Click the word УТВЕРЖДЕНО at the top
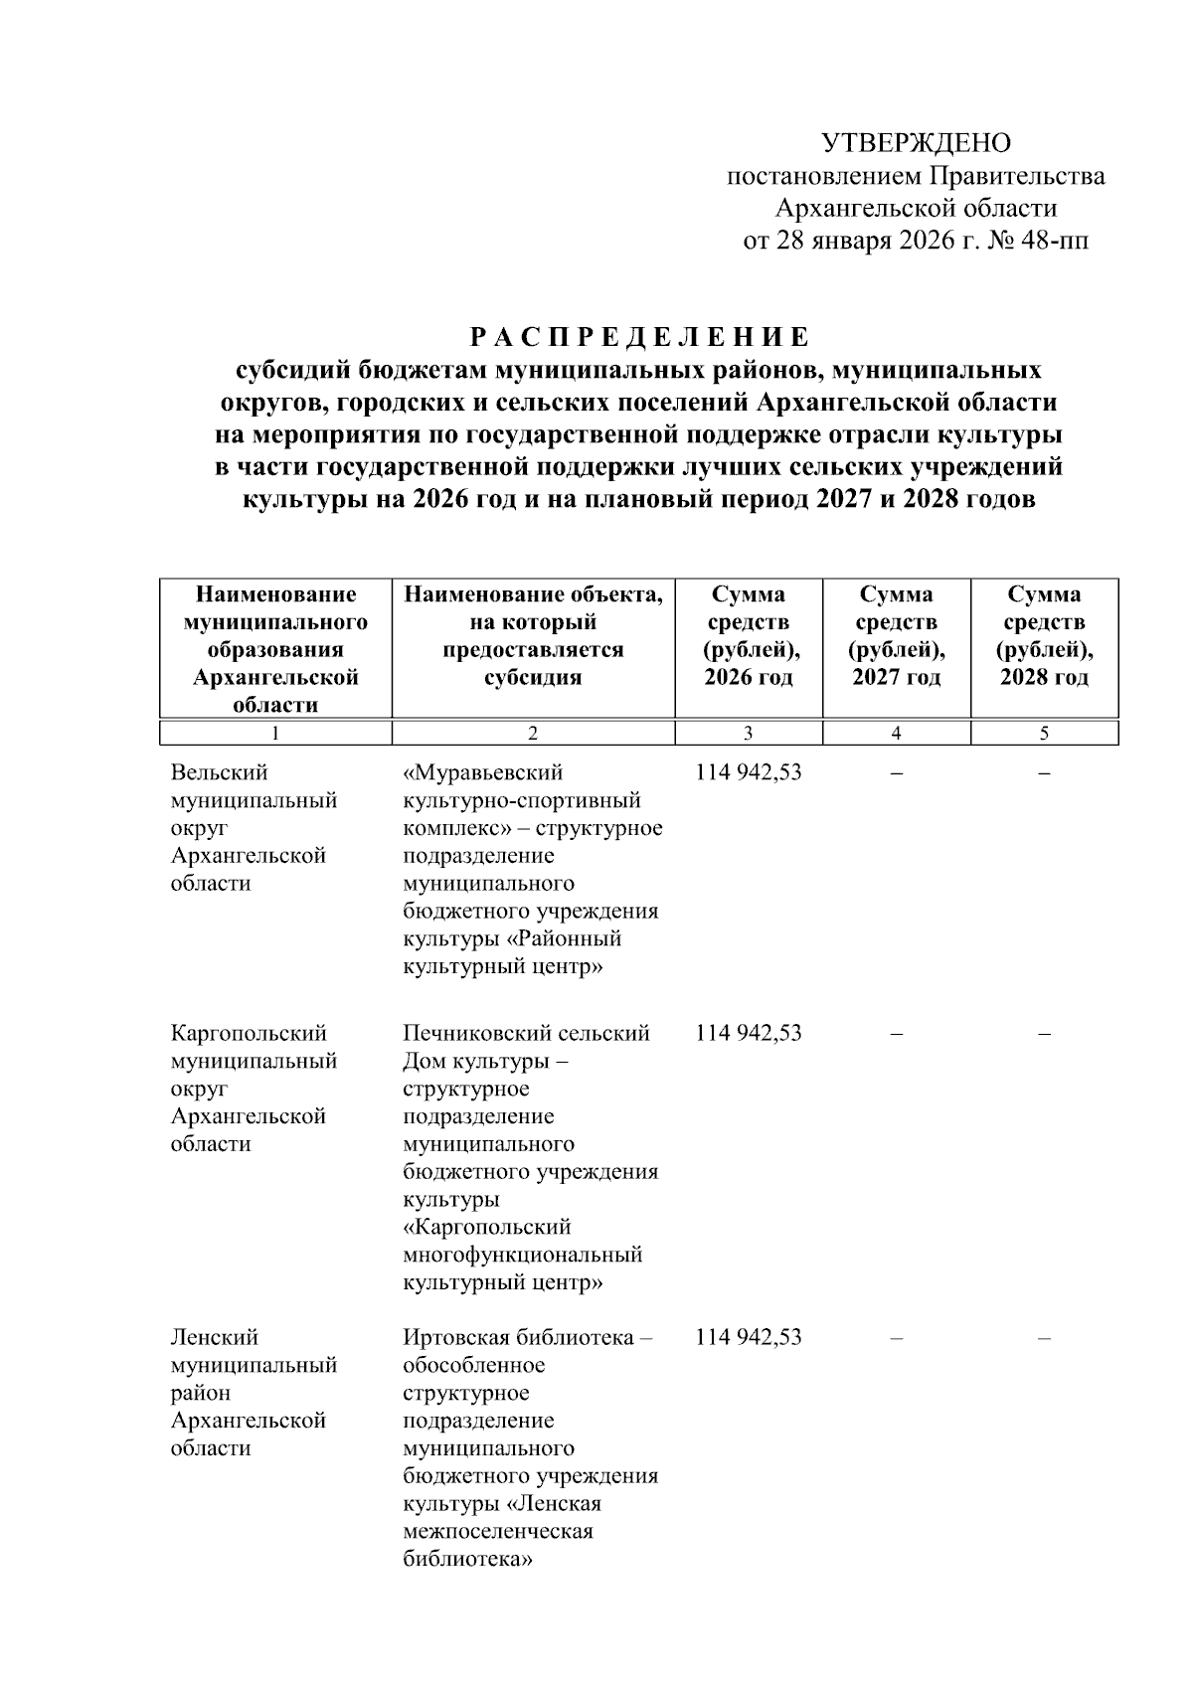point(916,143)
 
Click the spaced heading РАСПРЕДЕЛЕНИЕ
point(638,337)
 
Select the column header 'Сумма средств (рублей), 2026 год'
point(748,636)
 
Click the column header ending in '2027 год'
point(896,636)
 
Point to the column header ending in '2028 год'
point(1044,636)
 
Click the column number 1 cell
point(275,734)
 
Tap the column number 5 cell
point(1044,734)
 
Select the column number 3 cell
point(748,734)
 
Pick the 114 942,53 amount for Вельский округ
point(748,772)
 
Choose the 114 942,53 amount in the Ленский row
point(748,1337)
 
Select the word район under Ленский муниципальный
point(200,1393)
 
